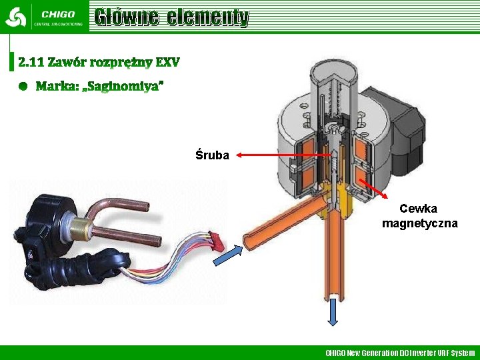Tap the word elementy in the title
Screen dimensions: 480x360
coord(208,17)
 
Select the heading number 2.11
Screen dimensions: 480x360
coord(31,63)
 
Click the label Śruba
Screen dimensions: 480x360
coord(212,155)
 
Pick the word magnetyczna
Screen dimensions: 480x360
coord(419,223)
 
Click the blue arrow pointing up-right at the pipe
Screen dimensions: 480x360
coord(226,254)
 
